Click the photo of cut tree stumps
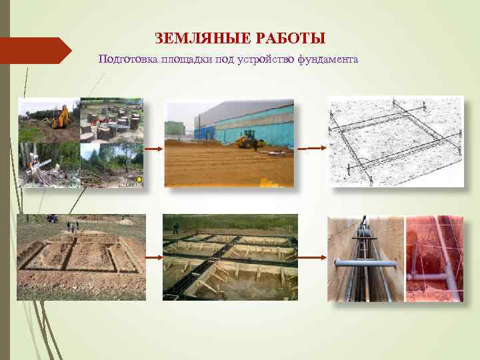(x=111, y=121)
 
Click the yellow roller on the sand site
(x=249, y=138)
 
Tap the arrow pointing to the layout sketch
(x=311, y=149)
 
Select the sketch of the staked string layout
(x=395, y=141)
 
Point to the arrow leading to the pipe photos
(x=311, y=257)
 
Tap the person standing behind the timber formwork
(x=176, y=227)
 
